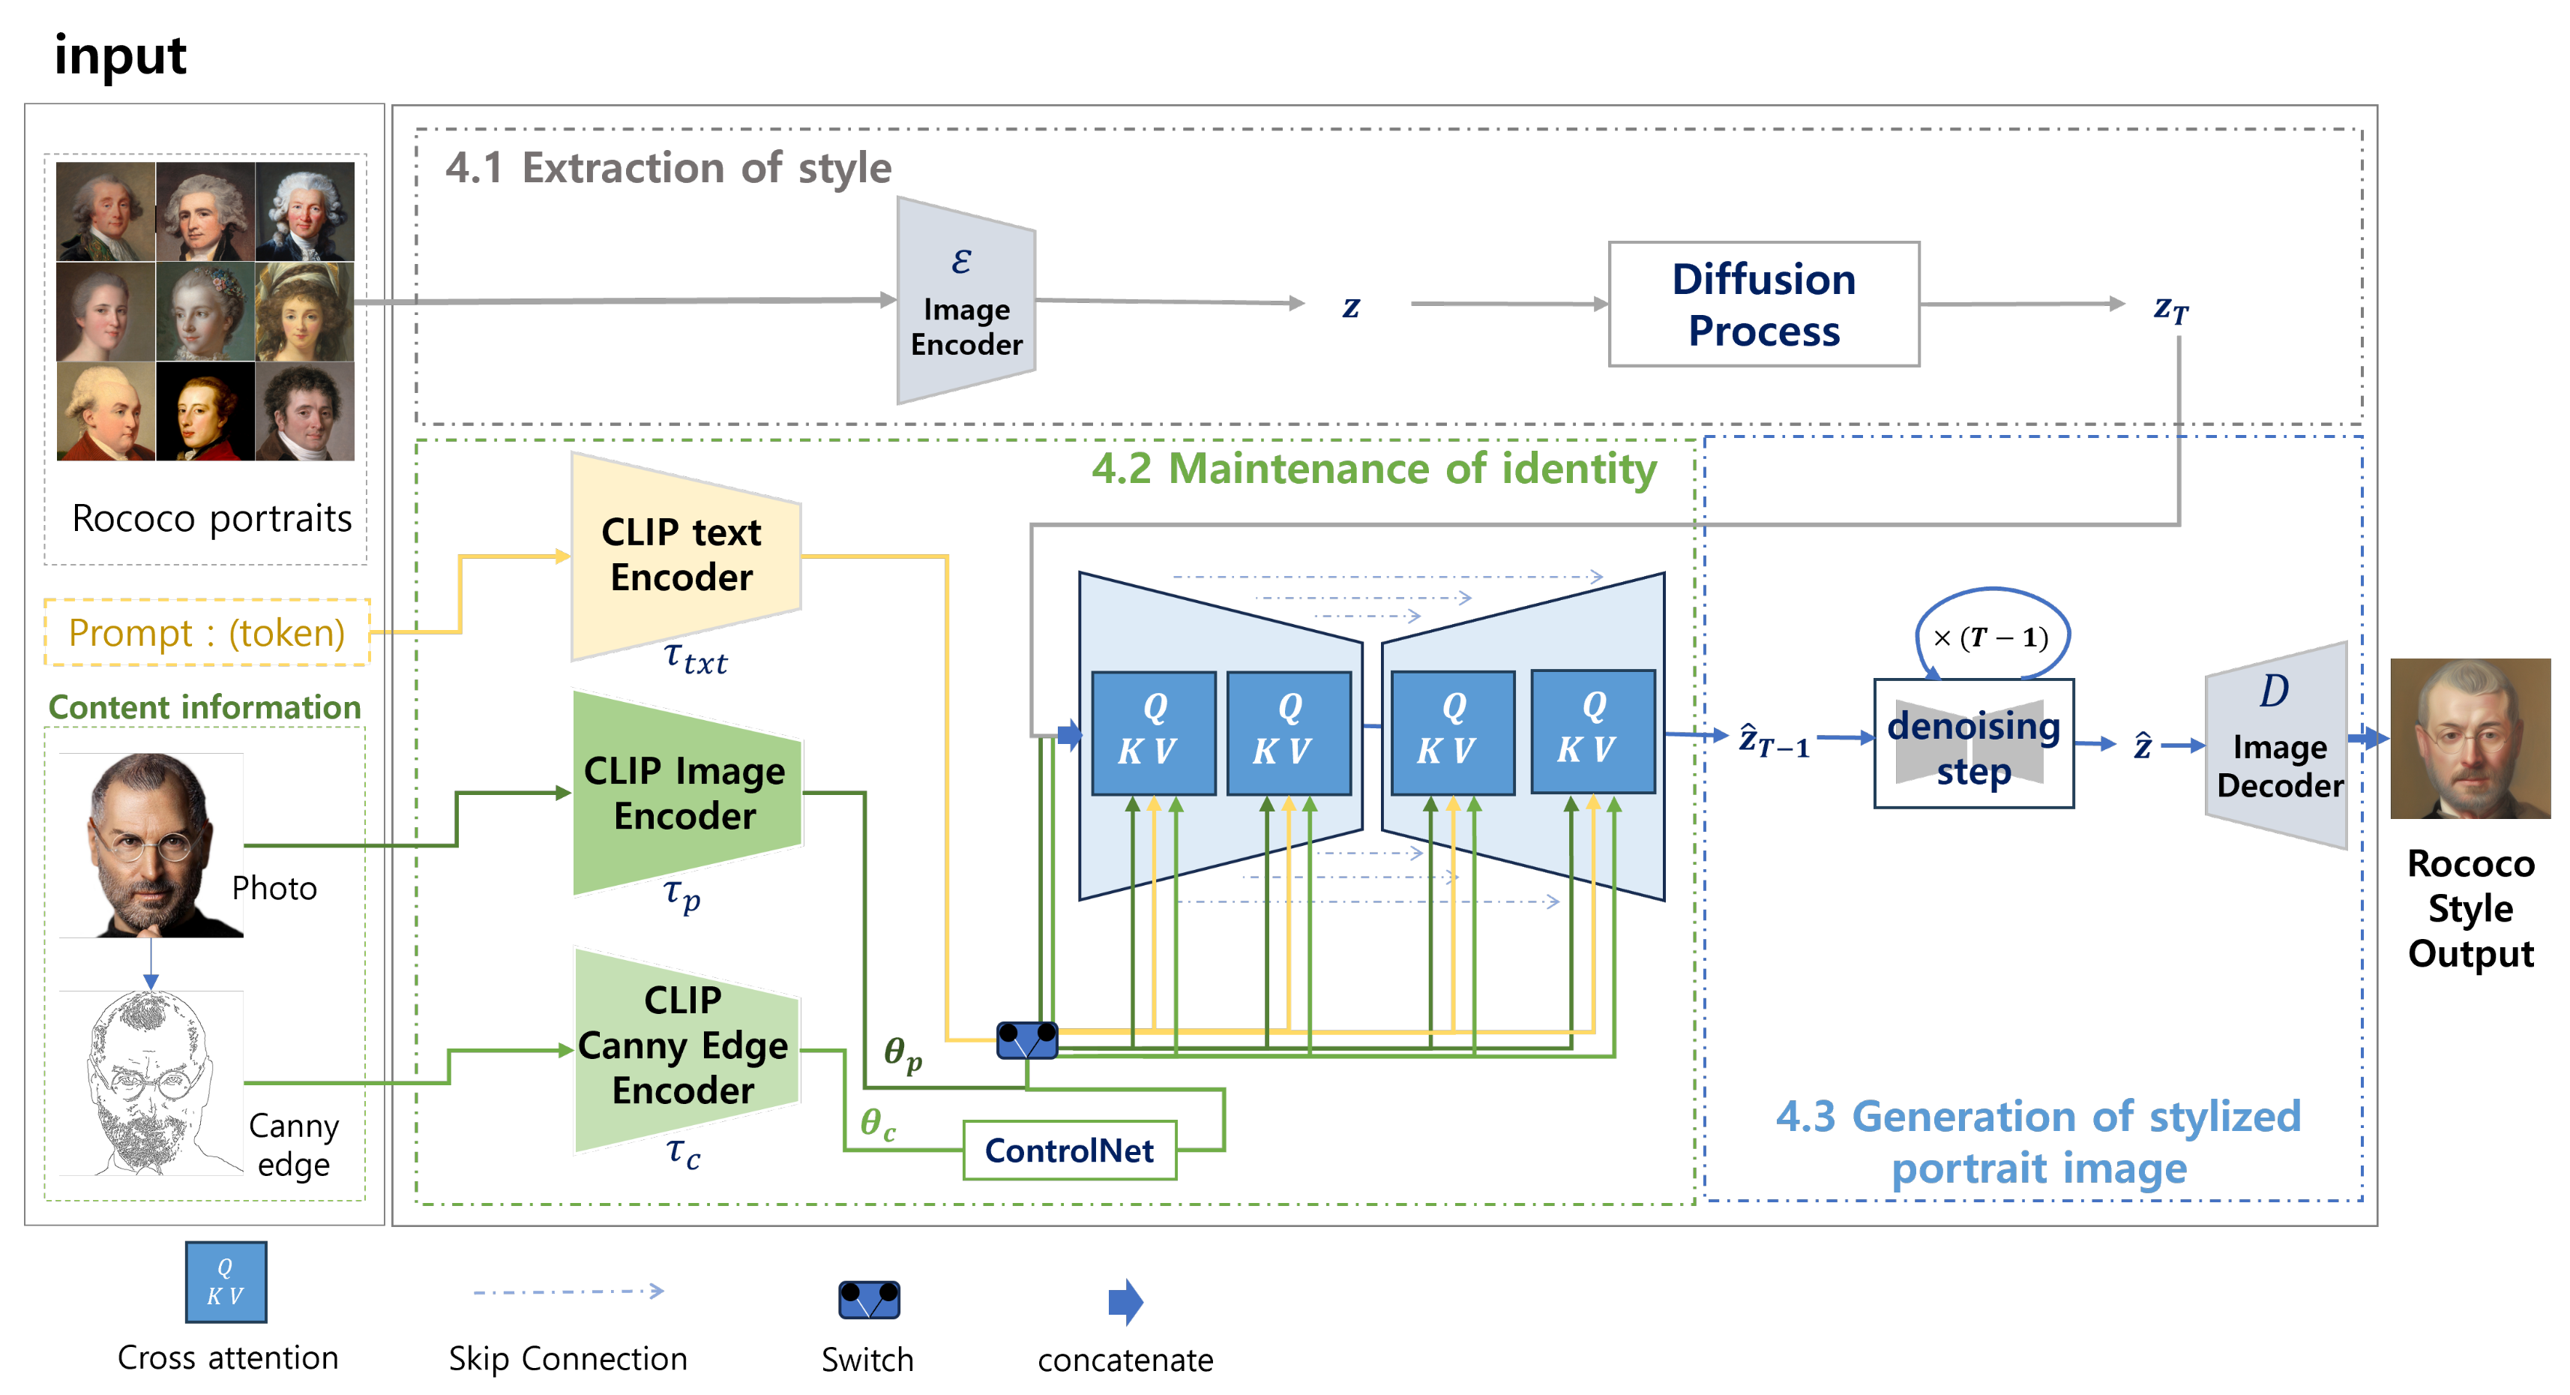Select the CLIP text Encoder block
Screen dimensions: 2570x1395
(685, 556)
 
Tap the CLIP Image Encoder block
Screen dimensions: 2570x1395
(687, 793)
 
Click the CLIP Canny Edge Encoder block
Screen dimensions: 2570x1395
(687, 1048)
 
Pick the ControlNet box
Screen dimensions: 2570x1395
(1070, 1150)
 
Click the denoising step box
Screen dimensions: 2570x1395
(1973, 743)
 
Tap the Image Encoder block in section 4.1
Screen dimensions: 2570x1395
(966, 300)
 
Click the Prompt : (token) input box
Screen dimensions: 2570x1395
(206, 631)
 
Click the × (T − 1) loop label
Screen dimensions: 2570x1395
(1990, 637)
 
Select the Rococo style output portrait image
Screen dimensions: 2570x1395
(2470, 739)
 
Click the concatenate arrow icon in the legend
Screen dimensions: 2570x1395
(1125, 1301)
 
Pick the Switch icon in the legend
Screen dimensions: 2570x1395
(869, 1299)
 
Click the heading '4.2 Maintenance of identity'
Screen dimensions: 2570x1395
(1373, 468)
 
